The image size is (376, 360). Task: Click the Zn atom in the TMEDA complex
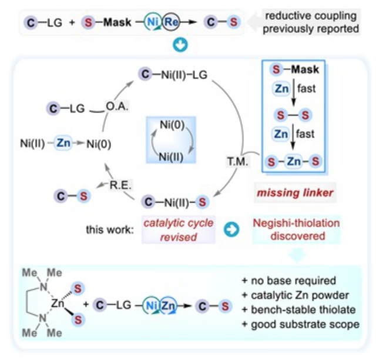tap(58, 304)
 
